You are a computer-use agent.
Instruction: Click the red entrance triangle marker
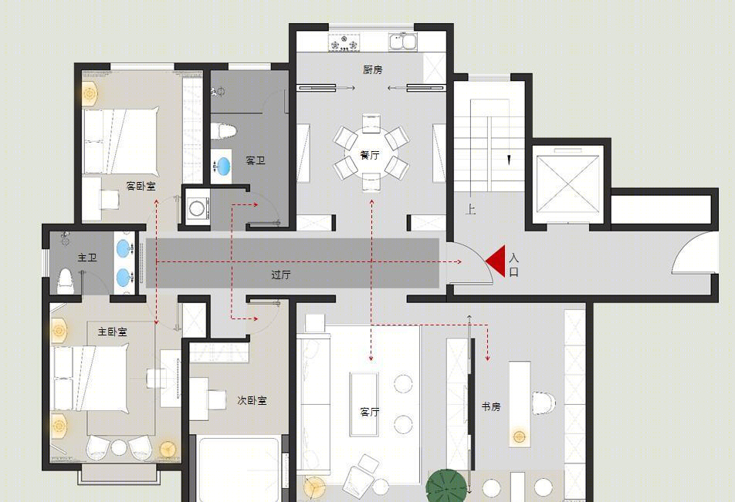497,261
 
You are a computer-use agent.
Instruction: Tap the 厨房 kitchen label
373,69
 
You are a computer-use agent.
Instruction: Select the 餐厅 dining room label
370,155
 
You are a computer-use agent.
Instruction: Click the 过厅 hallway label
281,275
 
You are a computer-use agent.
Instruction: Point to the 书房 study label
491,406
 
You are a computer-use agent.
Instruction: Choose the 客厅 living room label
370,412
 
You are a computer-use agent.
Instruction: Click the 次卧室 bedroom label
252,400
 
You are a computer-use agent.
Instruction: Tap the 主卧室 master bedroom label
113,332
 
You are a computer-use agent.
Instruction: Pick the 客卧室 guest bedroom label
141,186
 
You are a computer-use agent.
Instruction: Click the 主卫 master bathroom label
87,257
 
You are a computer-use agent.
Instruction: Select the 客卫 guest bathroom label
256,160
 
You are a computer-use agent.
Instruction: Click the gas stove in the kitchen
345,42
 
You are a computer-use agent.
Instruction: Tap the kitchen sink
403,41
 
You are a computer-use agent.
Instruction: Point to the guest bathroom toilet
222,131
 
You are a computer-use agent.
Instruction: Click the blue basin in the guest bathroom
223,166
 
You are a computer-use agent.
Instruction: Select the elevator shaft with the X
568,184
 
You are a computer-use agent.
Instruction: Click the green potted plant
447,486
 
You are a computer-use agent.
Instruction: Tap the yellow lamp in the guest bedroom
90,94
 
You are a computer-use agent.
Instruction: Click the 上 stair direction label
471,209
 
